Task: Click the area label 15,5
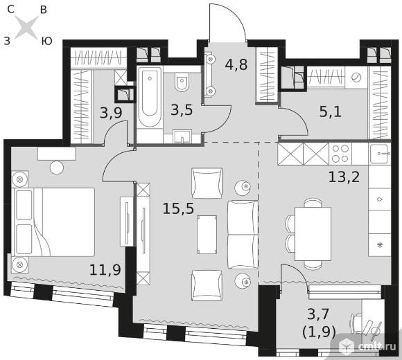click(x=178, y=209)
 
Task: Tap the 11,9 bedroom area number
click(x=105, y=270)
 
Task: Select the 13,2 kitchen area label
click(x=344, y=177)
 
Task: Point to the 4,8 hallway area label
click(x=236, y=64)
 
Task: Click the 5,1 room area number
click(x=330, y=111)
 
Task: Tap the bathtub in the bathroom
click(x=149, y=97)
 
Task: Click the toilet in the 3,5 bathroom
click(x=182, y=82)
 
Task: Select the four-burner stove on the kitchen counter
click(x=340, y=154)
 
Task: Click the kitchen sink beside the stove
click(x=380, y=154)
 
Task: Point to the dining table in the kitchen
click(x=313, y=234)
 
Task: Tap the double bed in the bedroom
click(x=53, y=222)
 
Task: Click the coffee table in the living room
click(x=207, y=235)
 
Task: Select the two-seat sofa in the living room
click(x=243, y=235)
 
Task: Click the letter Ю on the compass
click(x=47, y=41)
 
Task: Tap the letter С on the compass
click(x=11, y=10)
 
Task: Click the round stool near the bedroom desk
click(x=57, y=168)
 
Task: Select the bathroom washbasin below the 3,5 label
click(x=182, y=136)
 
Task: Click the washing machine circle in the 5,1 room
click(x=356, y=77)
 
